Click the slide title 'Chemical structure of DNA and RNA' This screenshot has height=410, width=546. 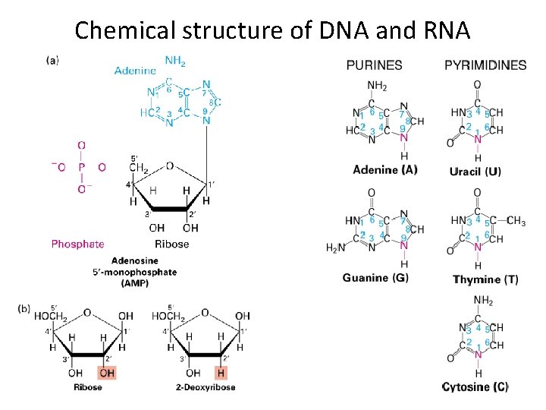click(x=273, y=30)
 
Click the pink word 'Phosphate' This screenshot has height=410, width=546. click(x=77, y=244)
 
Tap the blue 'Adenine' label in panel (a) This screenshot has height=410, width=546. click(x=136, y=71)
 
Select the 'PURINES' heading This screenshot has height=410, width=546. click(x=375, y=65)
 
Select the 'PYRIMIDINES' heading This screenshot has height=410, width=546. click(x=485, y=65)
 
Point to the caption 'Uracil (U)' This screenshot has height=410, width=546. click(x=475, y=172)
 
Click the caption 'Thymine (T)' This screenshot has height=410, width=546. click(x=485, y=279)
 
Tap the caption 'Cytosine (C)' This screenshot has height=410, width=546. click(x=475, y=387)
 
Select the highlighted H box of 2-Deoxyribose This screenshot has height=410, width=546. click(x=221, y=372)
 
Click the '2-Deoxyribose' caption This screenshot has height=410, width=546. click(x=206, y=387)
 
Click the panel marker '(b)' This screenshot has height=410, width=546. click(x=24, y=307)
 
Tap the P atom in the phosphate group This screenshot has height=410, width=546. click(x=81, y=167)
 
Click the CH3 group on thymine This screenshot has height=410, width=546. click(x=516, y=221)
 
